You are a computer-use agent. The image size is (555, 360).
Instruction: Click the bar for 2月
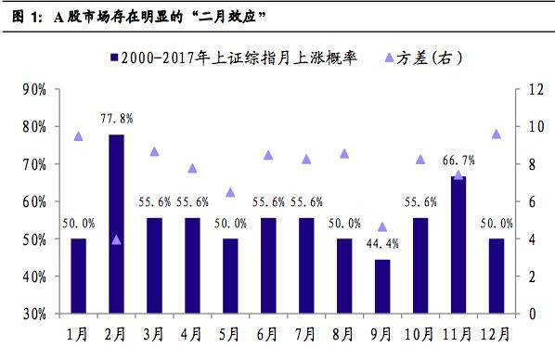pos(116,224)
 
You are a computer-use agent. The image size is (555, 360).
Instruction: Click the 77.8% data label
pos(117,119)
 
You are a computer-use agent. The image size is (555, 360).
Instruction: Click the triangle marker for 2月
pos(116,239)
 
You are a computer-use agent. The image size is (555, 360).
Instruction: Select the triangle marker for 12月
pos(496,134)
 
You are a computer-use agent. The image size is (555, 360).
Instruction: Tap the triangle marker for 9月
pos(382,226)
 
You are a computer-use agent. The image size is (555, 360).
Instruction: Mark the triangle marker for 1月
pos(78,136)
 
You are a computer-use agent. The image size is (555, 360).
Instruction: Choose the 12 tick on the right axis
pos(532,90)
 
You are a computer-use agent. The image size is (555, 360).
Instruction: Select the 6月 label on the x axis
pos(268,331)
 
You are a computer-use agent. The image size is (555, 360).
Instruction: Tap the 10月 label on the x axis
pos(420,331)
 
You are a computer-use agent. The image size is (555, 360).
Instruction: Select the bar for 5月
pos(230,276)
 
